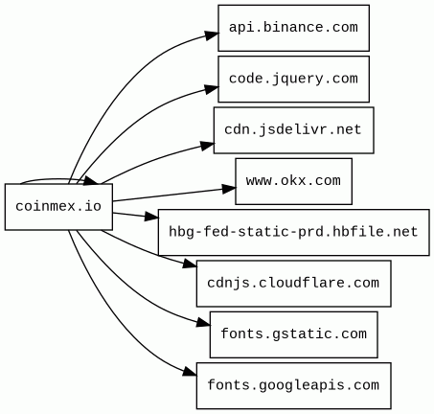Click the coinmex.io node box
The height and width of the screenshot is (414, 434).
(58, 207)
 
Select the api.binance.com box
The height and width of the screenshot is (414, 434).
(294, 28)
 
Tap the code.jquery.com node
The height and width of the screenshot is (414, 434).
(294, 79)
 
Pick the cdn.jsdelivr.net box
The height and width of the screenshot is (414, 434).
(294, 130)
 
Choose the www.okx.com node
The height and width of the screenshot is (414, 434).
(294, 181)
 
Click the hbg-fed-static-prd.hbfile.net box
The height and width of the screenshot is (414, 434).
(294, 232)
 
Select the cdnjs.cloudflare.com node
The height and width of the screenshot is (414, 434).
(294, 284)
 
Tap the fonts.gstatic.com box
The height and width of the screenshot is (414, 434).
(294, 334)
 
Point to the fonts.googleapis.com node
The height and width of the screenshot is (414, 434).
(294, 385)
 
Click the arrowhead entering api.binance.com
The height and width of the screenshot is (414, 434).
(212, 35)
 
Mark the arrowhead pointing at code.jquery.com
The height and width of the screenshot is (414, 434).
(212, 89)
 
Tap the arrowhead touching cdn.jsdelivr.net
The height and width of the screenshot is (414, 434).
(208, 146)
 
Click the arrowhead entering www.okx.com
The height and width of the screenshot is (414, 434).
(229, 189)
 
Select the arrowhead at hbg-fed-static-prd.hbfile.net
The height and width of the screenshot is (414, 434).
(151, 217)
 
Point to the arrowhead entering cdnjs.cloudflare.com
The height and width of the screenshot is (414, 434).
(190, 264)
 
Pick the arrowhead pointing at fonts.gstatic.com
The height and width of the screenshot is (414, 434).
(203, 323)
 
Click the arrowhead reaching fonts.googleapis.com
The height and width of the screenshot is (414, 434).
(190, 372)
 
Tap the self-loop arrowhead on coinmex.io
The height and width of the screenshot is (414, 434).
(92, 180)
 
